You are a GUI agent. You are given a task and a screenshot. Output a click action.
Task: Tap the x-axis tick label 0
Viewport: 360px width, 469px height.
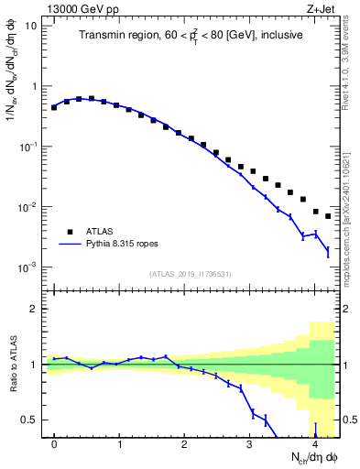(55, 444)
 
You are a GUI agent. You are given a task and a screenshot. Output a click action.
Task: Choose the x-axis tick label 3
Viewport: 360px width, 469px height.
(250, 444)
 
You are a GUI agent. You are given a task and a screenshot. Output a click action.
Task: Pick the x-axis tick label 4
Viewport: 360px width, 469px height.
(315, 444)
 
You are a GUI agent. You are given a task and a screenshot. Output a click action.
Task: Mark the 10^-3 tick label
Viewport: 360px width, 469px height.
(29, 267)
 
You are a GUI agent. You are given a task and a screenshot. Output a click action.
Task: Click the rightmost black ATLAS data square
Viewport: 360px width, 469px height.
(328, 216)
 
